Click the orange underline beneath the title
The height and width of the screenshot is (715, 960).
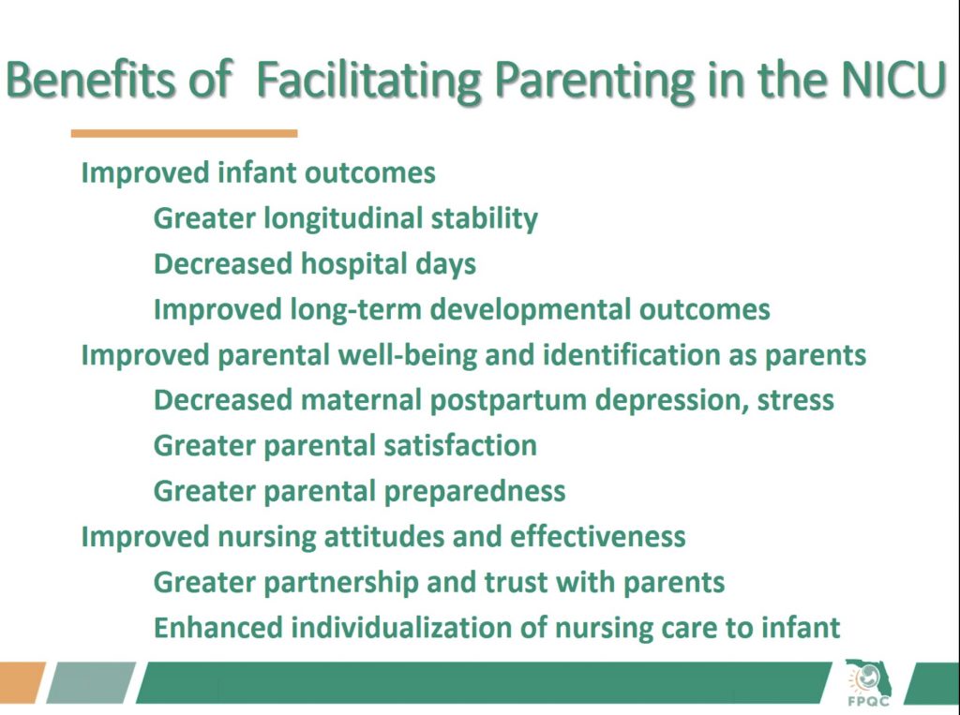click(185, 133)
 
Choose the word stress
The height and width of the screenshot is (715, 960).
click(795, 400)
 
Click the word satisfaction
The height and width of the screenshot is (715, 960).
click(459, 445)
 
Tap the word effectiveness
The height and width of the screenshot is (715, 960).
click(597, 536)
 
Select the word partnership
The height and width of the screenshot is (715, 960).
click(340, 583)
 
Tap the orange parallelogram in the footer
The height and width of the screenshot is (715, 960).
click(22, 682)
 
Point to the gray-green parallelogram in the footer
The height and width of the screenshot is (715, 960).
click(91, 682)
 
